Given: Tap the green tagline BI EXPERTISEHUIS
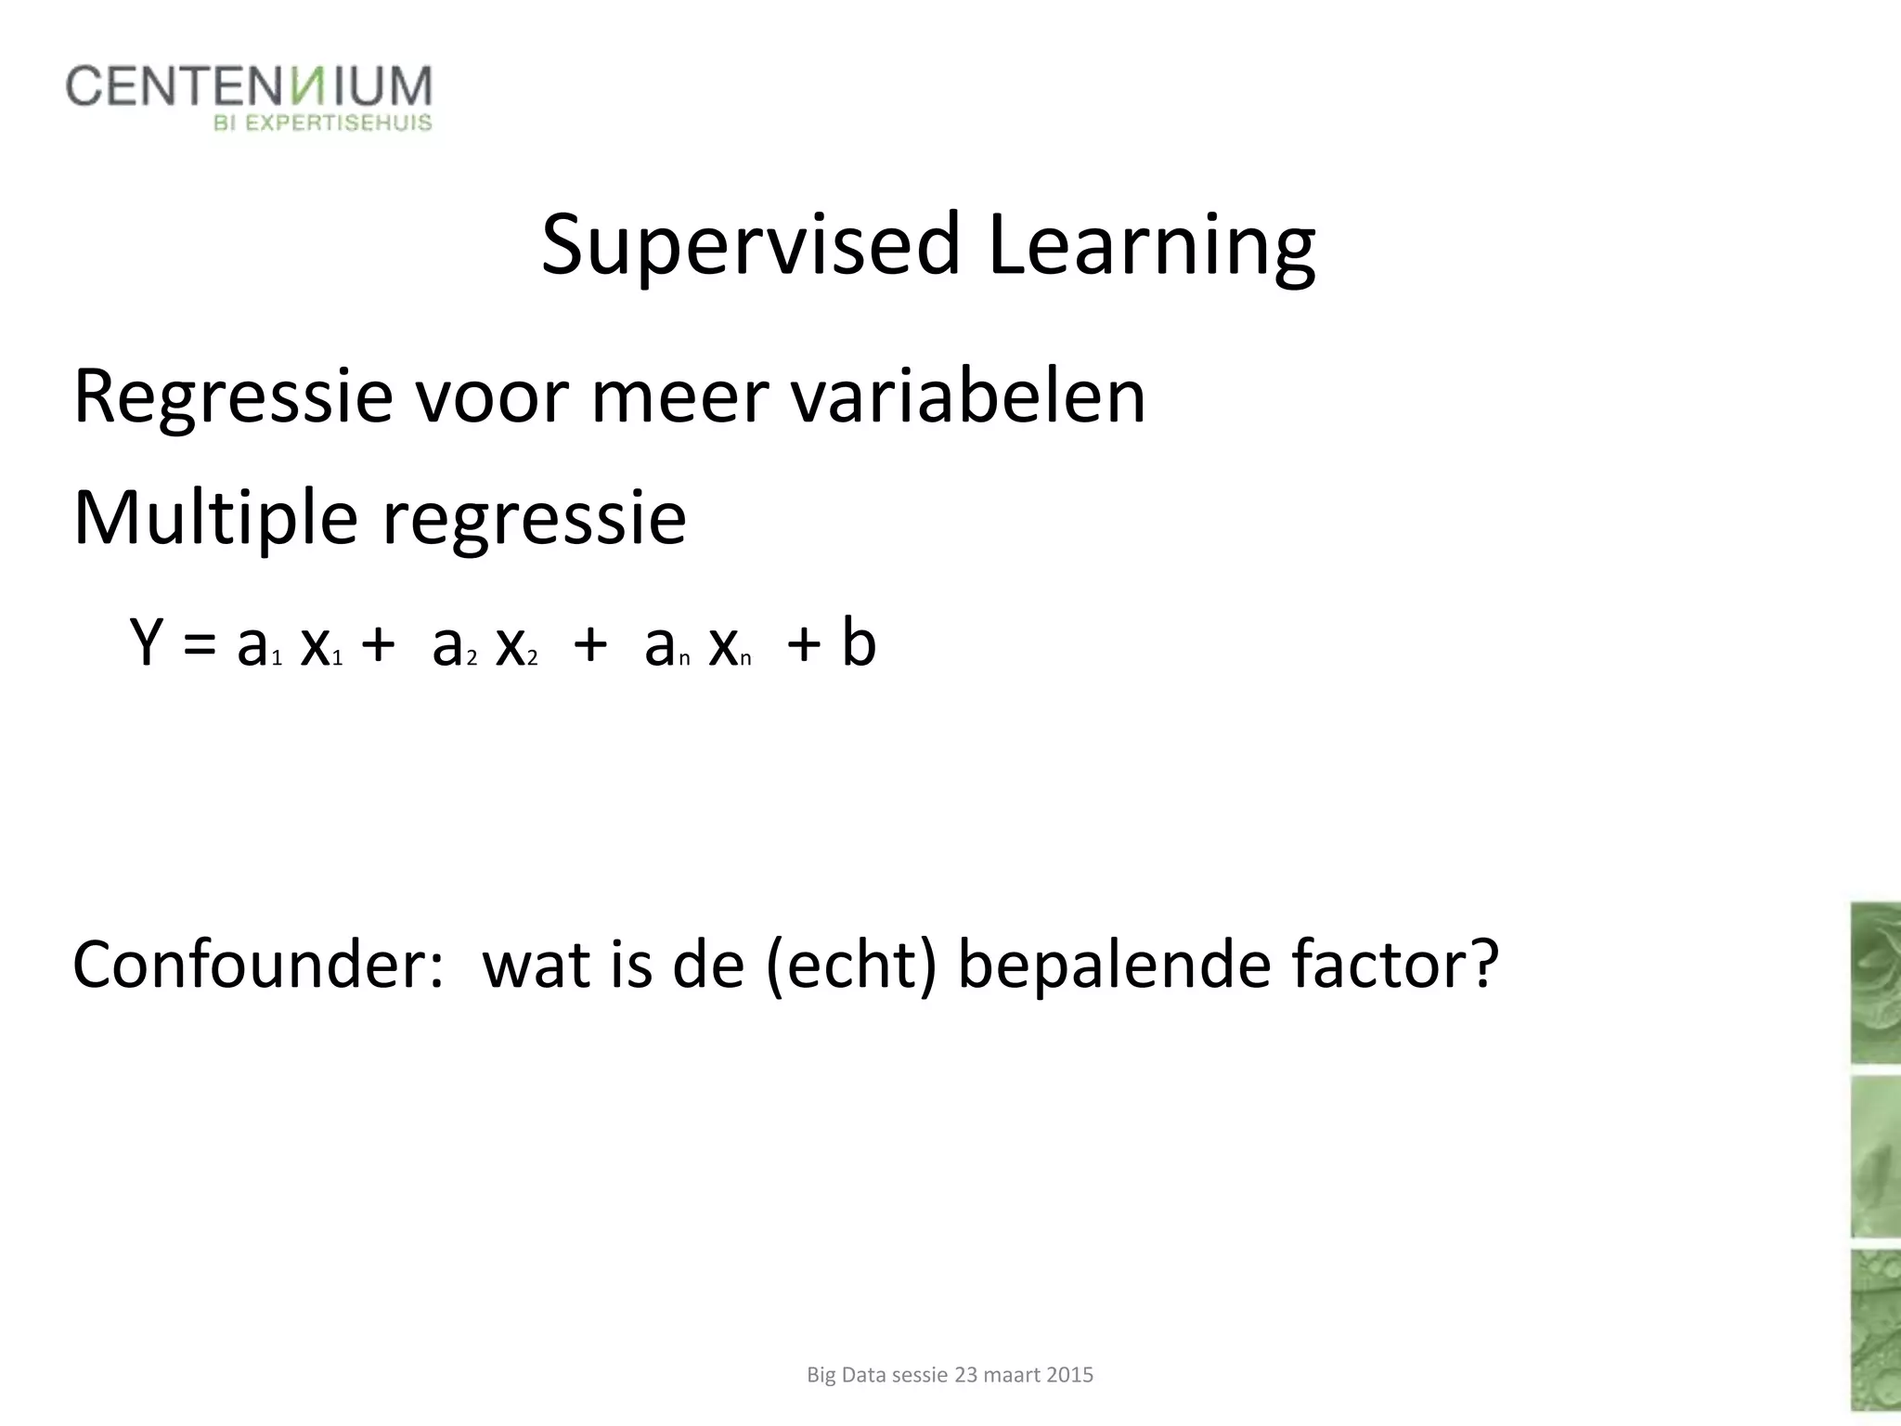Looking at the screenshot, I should pos(323,123).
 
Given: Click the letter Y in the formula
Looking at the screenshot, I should pos(148,642).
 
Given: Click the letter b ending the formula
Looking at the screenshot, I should pos(859,642).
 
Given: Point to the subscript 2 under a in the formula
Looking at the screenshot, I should pos(472,659).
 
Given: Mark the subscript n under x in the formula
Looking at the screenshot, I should pos(745,660).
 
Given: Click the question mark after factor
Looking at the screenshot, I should pos(1481,966).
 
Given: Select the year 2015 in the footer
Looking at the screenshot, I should pos(1069,1375).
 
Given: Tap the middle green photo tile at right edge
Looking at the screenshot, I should pos(1875,1157).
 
